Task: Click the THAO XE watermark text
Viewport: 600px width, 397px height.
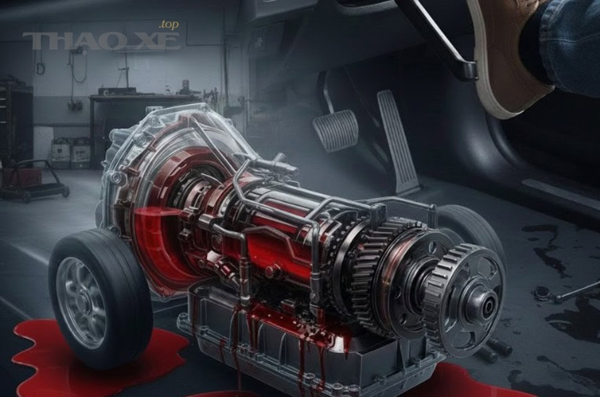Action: [x=101, y=41]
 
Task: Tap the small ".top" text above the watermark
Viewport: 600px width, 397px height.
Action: [x=169, y=25]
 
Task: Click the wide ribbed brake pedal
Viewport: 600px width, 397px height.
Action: [x=335, y=131]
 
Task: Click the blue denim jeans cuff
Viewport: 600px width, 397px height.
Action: [x=570, y=46]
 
